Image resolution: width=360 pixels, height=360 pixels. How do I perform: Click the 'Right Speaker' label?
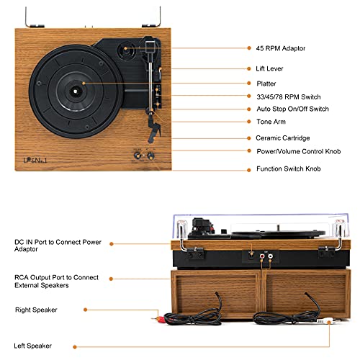[37, 310]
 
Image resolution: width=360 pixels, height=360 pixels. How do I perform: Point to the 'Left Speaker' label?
[34, 346]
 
